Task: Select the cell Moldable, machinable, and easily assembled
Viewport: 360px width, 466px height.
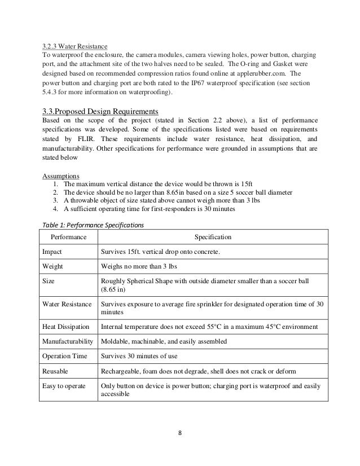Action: pyautogui.click(x=164, y=341)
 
